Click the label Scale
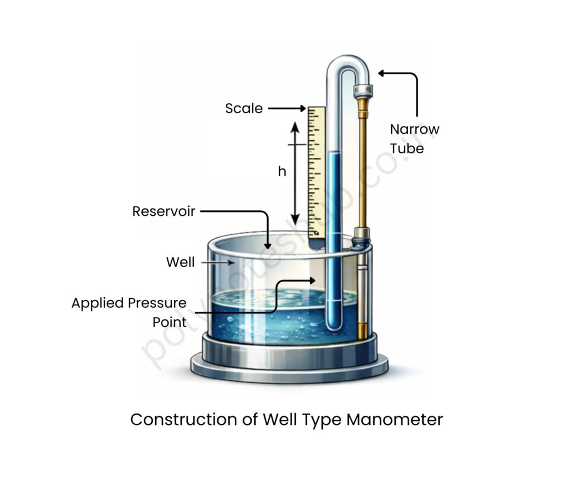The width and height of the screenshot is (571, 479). [x=244, y=108]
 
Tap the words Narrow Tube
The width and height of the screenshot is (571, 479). [x=414, y=139]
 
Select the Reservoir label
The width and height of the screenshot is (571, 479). [x=163, y=211]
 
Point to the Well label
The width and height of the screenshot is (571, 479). [x=180, y=262]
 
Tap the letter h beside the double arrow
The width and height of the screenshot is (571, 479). [x=282, y=172]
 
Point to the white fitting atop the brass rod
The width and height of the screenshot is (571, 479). [x=363, y=89]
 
